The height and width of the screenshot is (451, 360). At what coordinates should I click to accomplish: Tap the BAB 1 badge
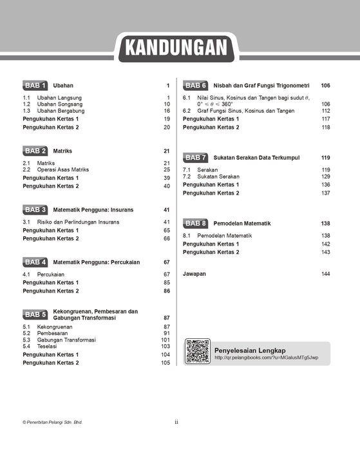click(x=35, y=85)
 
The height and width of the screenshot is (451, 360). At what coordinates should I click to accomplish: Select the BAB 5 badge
click(x=35, y=314)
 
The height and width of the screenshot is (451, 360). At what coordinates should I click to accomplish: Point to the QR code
click(x=198, y=351)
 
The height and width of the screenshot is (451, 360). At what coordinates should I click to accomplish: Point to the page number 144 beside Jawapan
click(x=325, y=274)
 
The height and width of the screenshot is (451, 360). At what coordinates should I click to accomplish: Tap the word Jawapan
click(x=194, y=274)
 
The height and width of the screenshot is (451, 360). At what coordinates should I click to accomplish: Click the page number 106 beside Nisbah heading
click(x=325, y=85)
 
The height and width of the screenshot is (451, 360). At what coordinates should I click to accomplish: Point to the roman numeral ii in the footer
click(x=176, y=422)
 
